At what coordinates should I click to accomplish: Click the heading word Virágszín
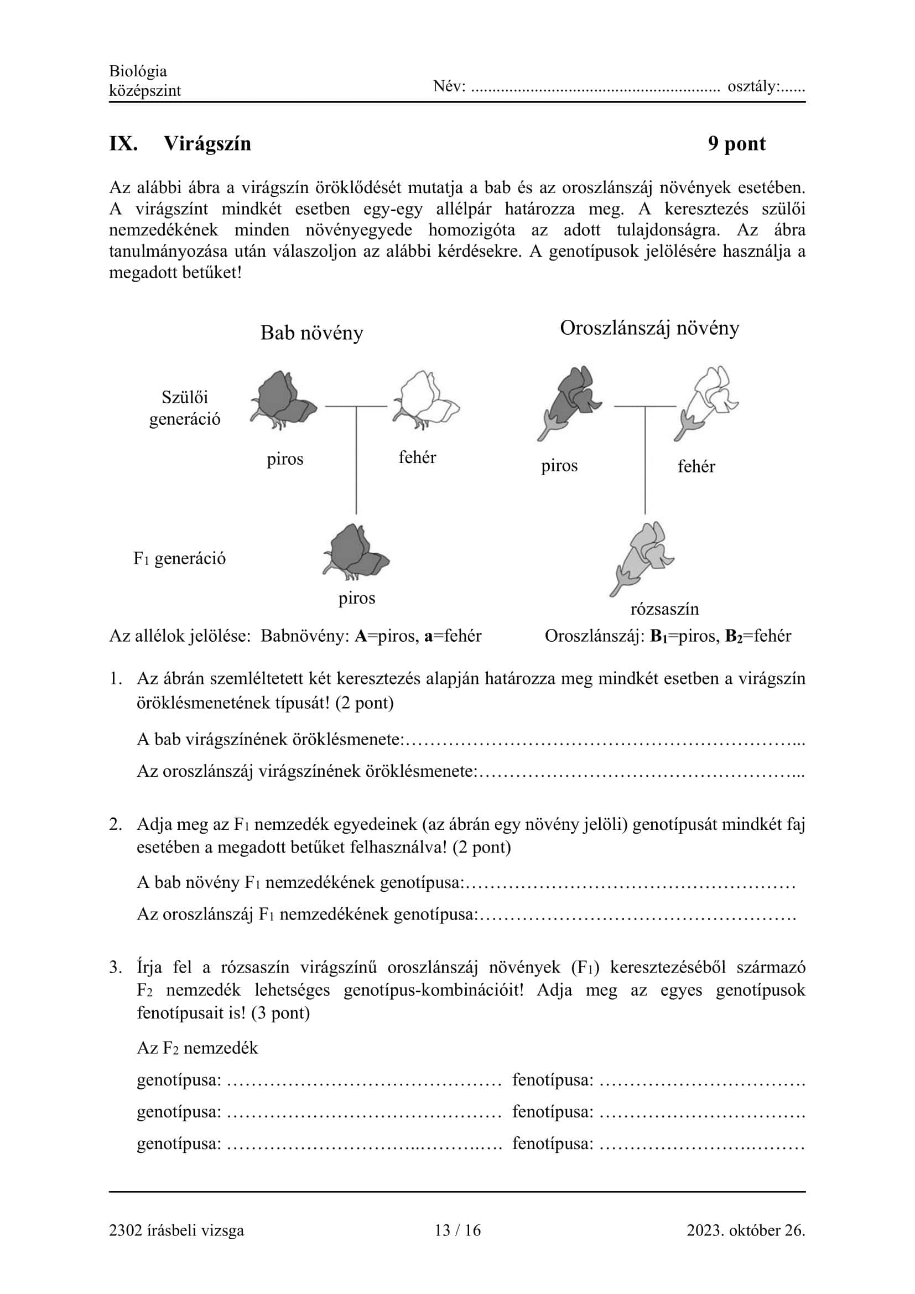coord(207,144)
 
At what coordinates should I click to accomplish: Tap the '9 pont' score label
coord(736,144)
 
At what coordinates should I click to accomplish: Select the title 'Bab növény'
coord(311,332)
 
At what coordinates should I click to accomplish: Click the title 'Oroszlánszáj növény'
coord(649,328)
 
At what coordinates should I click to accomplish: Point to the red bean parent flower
coord(282,399)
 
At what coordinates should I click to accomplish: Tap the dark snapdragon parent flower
coord(569,401)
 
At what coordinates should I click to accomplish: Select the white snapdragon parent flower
coord(708,401)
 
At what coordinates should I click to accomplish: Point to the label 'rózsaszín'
coord(664,609)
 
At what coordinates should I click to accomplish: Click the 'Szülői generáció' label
coord(185,408)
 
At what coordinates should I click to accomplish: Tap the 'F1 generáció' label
coord(179,559)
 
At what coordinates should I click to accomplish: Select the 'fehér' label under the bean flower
coord(417,457)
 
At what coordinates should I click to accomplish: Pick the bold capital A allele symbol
coord(361,636)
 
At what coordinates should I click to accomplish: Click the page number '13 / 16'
coord(457,1230)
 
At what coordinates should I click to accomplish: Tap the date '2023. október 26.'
coord(745,1230)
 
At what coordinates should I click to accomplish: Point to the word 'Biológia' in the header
coord(138,71)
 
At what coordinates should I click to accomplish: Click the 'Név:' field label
coord(449,86)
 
